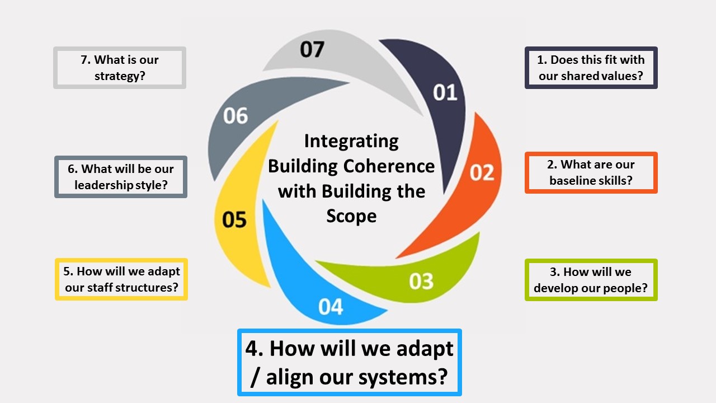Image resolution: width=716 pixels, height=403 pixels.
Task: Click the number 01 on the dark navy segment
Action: (x=445, y=93)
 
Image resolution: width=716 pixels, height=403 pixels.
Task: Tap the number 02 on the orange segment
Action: (x=482, y=173)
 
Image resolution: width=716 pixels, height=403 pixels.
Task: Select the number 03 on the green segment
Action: (x=421, y=282)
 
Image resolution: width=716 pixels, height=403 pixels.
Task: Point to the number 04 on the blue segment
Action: (x=331, y=307)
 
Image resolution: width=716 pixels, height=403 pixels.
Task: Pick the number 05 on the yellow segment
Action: (x=234, y=220)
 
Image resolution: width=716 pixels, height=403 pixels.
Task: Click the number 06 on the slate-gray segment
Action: (x=235, y=116)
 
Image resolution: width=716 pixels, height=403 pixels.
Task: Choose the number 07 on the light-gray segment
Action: (x=312, y=50)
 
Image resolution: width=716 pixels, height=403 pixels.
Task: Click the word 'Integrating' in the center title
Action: (x=351, y=142)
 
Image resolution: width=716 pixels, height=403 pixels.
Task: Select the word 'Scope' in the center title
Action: (x=351, y=217)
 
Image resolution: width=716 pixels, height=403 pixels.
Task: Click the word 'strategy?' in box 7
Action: (x=120, y=76)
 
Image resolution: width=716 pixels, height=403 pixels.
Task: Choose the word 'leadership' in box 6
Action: (x=103, y=185)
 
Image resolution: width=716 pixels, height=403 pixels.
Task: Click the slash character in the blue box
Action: (x=255, y=377)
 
